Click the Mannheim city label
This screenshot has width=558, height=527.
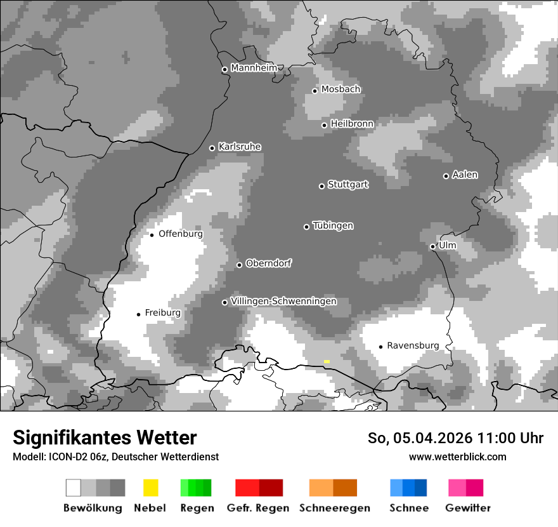coord(254,68)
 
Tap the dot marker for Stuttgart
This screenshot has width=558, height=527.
coord(321,186)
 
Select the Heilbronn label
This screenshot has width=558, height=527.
coord(352,124)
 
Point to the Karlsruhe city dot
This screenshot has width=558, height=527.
coord(212,148)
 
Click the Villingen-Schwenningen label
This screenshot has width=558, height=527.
coord(283,301)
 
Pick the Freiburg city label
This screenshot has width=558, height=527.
coord(162,313)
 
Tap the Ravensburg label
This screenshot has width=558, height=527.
coord(413,345)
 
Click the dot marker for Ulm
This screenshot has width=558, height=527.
coord(432,246)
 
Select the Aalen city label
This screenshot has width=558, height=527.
coord(465,175)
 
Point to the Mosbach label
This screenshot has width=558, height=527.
coord(341,90)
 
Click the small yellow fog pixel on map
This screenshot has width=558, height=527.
coord(327,361)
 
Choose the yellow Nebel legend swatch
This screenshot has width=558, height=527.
coord(150,488)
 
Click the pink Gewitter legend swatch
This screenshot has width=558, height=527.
coord(457,488)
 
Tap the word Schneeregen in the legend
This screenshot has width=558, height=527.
coord(335,508)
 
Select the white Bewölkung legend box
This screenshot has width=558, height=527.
coord(74,488)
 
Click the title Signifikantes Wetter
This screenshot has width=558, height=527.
coord(105,438)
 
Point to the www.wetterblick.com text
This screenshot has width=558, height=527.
coord(457,457)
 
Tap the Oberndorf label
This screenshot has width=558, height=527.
coord(268,263)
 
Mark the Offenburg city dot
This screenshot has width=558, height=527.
coord(152,235)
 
